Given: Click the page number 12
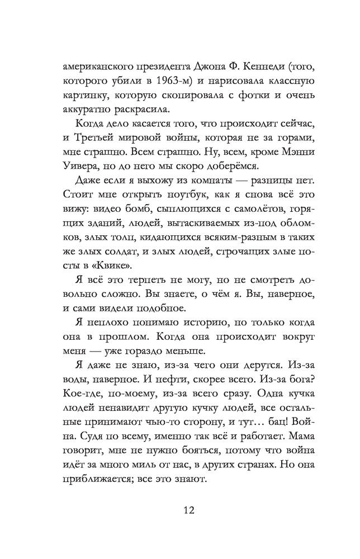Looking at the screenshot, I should pyautogui.click(x=180, y=510).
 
